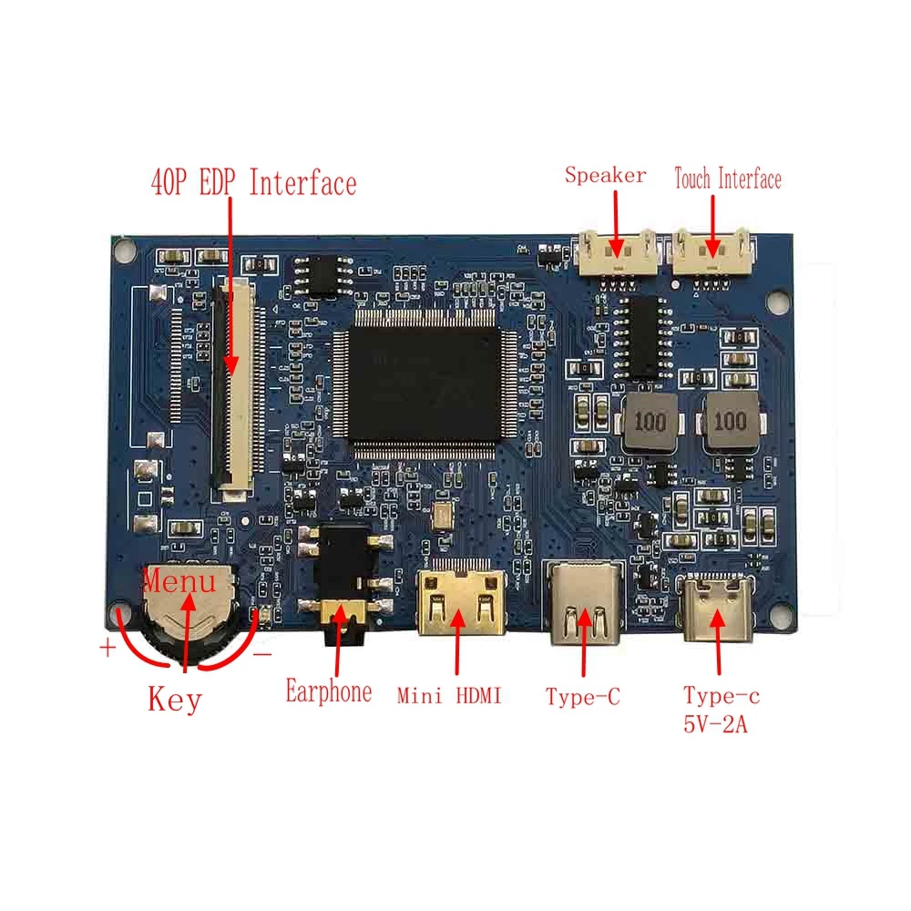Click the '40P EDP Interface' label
(x=252, y=183)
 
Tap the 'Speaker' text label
(x=605, y=176)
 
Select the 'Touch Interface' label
(x=727, y=179)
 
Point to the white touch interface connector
(x=712, y=251)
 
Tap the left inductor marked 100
(x=650, y=423)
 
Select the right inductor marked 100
(x=728, y=423)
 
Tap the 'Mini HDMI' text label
(x=449, y=697)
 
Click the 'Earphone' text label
(x=328, y=692)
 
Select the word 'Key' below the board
(x=174, y=701)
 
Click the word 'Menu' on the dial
(x=180, y=580)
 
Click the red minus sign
(x=262, y=653)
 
